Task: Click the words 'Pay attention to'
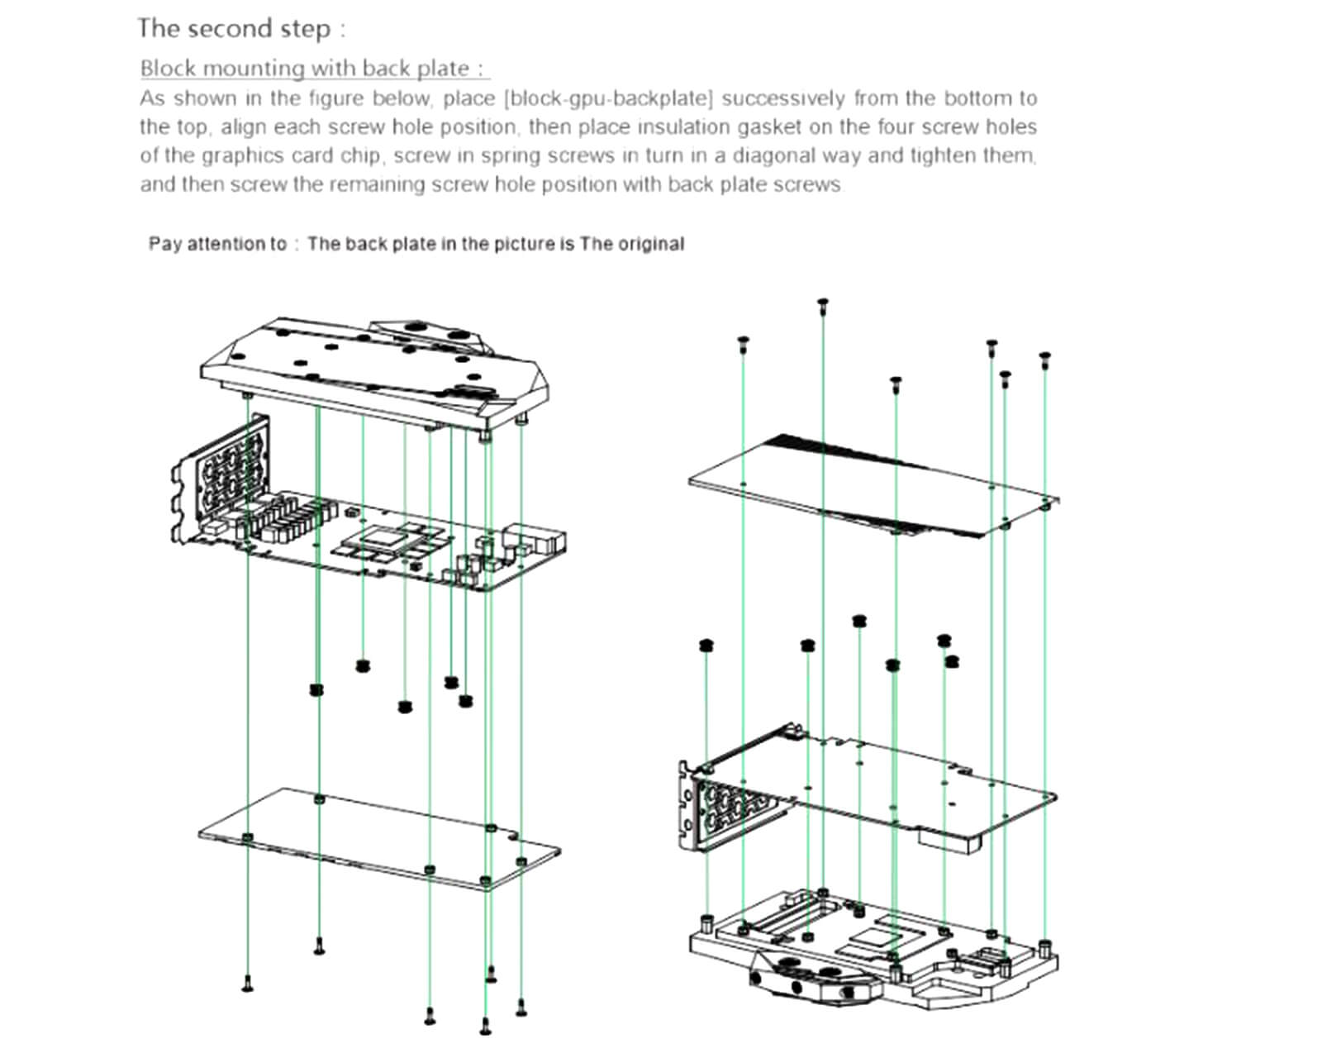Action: pos(217,244)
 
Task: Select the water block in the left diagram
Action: pos(375,373)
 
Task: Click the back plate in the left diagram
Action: pos(379,838)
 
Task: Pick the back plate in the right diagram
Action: pos(873,486)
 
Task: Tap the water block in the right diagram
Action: pos(873,953)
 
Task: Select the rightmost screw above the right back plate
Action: pos(1045,359)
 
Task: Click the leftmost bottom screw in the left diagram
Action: pos(247,984)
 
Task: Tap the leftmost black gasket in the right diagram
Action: pos(706,645)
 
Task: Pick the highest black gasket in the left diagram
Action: pos(363,665)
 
